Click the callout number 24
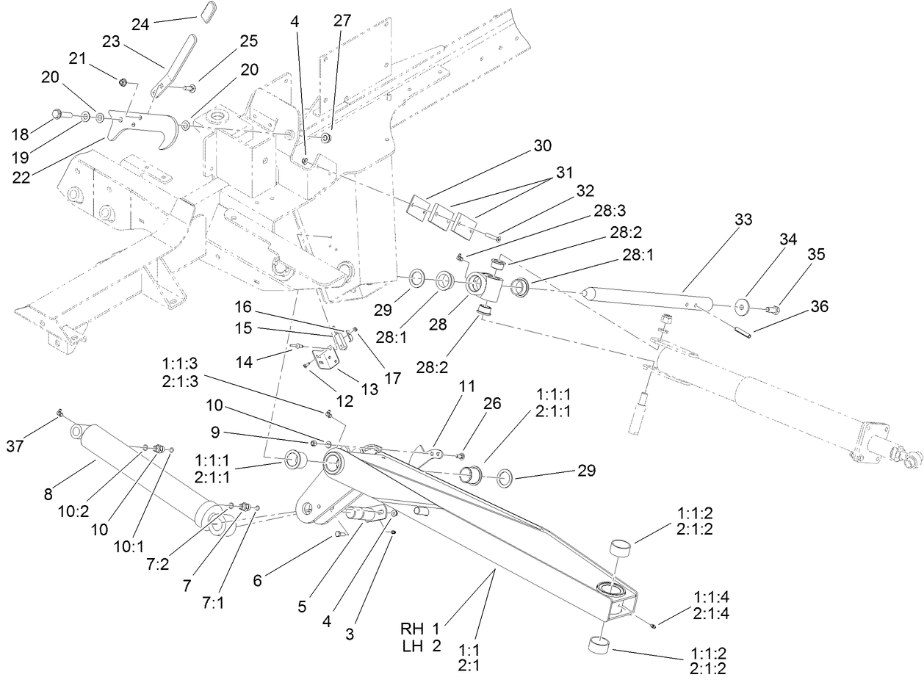coord(141,24)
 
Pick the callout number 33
coord(743,219)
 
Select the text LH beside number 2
coord(412,646)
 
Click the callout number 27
coord(342,21)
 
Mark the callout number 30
coord(543,145)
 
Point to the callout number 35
coord(816,255)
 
